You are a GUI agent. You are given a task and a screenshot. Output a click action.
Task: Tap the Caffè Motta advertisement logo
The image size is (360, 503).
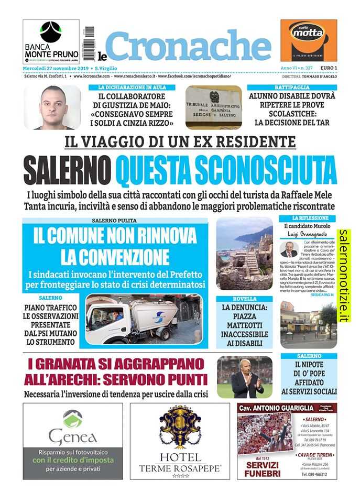[x=308, y=40]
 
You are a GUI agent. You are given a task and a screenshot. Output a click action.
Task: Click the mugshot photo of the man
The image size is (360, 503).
[x=52, y=107]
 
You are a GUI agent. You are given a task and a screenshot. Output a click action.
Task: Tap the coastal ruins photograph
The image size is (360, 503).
[x=244, y=253]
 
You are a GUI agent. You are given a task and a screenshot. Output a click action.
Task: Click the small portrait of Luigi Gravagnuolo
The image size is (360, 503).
[x=288, y=249]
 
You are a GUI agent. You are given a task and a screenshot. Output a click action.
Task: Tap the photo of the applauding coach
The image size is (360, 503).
[x=244, y=376]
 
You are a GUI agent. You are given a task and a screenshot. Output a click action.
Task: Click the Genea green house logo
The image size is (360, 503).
[x=73, y=419]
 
